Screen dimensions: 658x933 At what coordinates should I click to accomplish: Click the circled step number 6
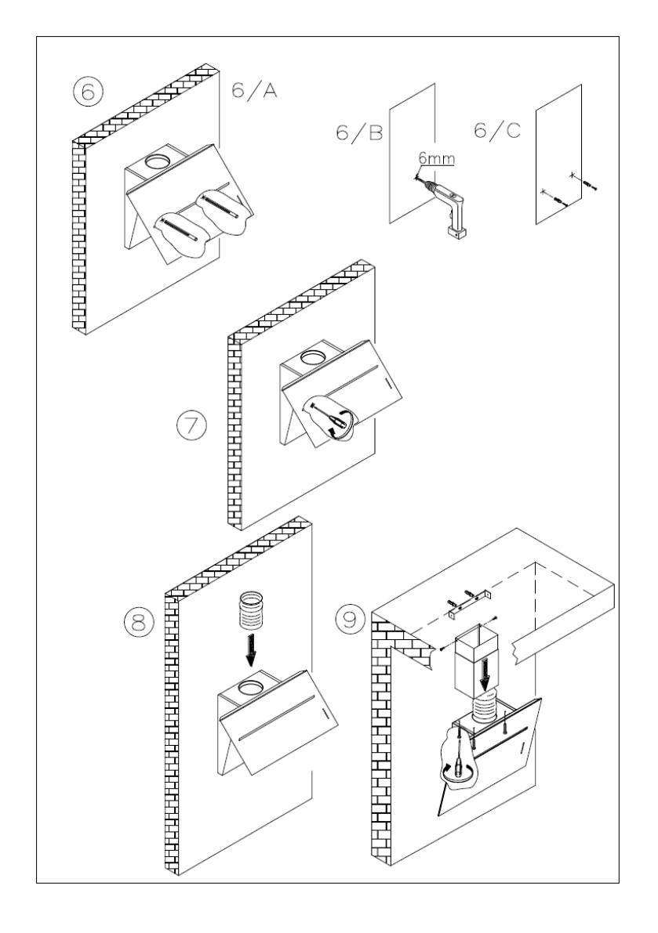[x=88, y=92]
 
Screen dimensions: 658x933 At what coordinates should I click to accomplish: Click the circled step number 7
[x=191, y=427]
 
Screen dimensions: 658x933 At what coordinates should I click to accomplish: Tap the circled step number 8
[x=138, y=623]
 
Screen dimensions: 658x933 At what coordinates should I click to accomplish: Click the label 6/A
[x=254, y=92]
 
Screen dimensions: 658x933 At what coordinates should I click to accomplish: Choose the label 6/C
[x=497, y=130]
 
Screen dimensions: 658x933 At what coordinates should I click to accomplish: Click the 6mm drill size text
[x=437, y=159]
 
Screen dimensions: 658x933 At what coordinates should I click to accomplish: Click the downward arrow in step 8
[x=251, y=649]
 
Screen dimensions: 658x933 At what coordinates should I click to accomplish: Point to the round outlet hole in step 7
[x=313, y=357]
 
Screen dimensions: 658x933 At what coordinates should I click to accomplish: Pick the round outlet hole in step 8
[x=251, y=689]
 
